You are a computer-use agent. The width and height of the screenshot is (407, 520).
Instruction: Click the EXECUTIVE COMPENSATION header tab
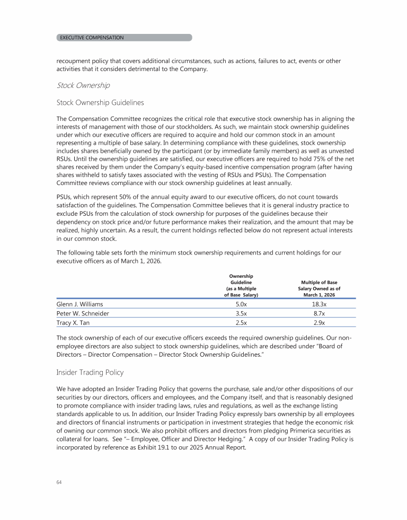pos(92,38)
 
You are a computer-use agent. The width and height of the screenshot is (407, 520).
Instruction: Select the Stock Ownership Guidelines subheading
pos(100,102)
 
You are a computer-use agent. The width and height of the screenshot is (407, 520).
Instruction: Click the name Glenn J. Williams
pos(79,304)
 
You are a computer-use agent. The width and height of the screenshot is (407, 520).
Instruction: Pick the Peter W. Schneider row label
pos(83,313)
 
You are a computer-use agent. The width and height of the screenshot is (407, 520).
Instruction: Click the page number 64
pos(59,482)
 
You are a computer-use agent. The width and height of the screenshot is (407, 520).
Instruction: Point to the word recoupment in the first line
pos(75,61)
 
